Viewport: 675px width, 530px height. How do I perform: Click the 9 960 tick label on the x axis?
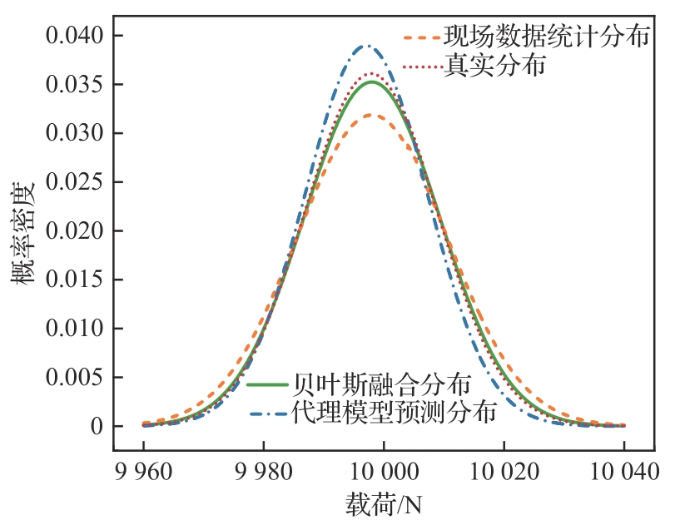point(143,471)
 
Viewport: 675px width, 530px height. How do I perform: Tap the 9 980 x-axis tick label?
point(263,471)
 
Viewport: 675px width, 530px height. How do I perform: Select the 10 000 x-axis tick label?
point(384,471)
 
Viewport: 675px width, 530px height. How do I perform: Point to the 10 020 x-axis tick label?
point(504,471)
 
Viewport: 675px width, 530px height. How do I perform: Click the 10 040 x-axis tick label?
point(623,471)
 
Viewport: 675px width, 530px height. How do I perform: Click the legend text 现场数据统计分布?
point(546,37)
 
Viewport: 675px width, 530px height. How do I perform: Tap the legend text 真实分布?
point(494,66)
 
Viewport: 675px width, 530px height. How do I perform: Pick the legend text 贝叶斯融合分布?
point(383,384)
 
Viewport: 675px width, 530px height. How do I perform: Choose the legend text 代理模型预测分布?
point(395,411)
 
